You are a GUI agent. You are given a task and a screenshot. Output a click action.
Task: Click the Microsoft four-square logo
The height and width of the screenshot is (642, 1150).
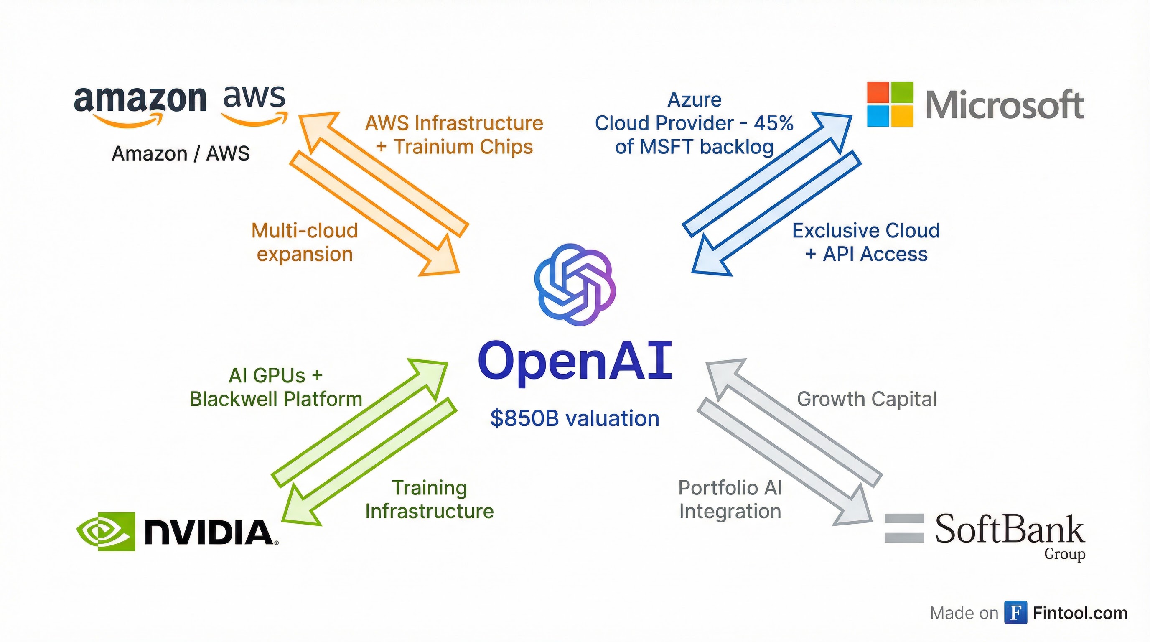pyautogui.click(x=890, y=104)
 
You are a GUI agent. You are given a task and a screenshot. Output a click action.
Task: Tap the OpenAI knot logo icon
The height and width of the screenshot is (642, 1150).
pyautogui.click(x=575, y=284)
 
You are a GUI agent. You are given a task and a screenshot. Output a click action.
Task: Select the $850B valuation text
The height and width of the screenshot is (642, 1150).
pyautogui.click(x=575, y=418)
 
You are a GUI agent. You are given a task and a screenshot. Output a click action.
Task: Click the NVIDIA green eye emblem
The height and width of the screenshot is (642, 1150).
pyautogui.click(x=106, y=531)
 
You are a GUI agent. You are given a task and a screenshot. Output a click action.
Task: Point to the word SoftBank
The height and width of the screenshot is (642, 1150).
pyautogui.click(x=1009, y=530)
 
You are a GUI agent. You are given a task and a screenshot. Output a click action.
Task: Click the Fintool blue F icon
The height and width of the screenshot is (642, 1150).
pyautogui.click(x=1015, y=613)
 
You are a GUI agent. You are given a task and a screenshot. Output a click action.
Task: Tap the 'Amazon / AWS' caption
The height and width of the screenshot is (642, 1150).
pyautogui.click(x=181, y=153)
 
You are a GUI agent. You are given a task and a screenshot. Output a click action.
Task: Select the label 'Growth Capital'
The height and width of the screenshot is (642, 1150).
pyautogui.click(x=867, y=399)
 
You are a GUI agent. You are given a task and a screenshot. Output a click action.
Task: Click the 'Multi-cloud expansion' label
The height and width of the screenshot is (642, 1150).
pyautogui.click(x=305, y=242)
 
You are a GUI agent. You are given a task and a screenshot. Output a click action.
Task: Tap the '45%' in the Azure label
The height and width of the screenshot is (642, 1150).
pyautogui.click(x=773, y=123)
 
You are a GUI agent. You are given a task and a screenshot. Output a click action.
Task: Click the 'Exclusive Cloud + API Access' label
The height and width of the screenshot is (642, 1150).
pyautogui.click(x=866, y=242)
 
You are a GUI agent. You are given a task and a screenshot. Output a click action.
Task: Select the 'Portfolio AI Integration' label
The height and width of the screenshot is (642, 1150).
pyautogui.click(x=730, y=499)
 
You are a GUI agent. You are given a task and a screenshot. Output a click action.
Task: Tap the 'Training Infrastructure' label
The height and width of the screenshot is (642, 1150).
pyautogui.click(x=430, y=499)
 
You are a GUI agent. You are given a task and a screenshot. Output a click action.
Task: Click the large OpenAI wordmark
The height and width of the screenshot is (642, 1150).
pyautogui.click(x=575, y=361)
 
